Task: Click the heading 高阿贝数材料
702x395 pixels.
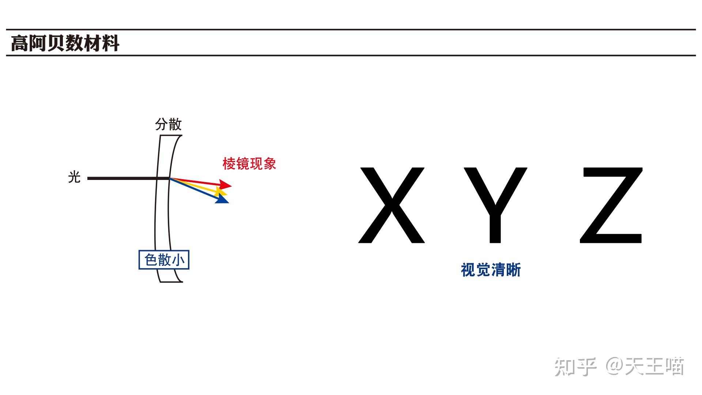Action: [x=65, y=43]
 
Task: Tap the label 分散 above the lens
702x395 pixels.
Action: [x=168, y=124]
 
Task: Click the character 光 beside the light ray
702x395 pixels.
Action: [x=74, y=177]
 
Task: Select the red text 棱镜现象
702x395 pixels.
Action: [x=249, y=163]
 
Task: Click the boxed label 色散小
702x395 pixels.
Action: [x=164, y=260]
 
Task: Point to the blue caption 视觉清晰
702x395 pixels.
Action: [x=491, y=270]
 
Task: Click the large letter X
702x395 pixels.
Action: [x=392, y=205]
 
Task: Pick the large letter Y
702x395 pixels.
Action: [x=495, y=205]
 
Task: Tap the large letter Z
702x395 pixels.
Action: [x=611, y=205]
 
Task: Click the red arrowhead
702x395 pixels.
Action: [x=225, y=184]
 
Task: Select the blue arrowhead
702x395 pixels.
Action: [x=222, y=199]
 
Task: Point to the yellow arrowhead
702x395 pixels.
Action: [x=221, y=191]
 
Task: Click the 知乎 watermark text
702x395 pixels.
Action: [x=575, y=366]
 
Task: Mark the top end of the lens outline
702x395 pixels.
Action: [x=171, y=136]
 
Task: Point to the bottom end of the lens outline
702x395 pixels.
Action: [x=171, y=282]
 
